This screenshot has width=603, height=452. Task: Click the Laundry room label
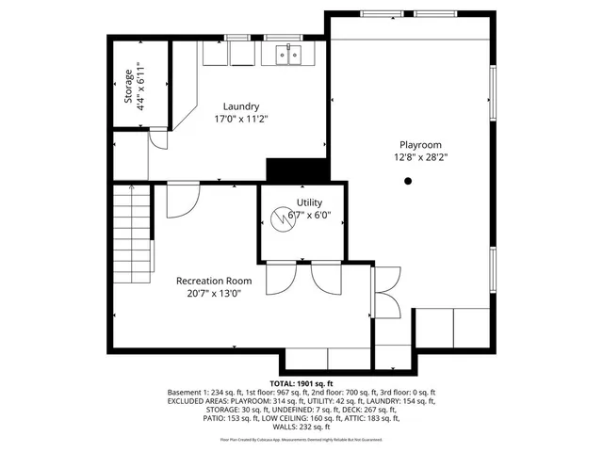point(241,106)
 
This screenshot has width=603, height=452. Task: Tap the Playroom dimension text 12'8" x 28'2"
point(420,157)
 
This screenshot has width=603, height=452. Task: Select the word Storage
point(129,86)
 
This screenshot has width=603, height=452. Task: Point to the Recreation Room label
point(214,281)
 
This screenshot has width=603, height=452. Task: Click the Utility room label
point(309,202)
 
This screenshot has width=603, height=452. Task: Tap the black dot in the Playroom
point(408,181)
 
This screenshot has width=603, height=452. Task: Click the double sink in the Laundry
point(289,56)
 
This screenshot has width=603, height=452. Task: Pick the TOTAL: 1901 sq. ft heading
point(301,384)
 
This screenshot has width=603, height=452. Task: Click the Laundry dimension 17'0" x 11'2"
point(241,120)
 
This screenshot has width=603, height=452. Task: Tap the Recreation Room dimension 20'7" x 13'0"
point(214,293)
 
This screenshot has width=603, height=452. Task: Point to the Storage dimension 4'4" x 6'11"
point(141,86)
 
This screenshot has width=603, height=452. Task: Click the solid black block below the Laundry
point(297,170)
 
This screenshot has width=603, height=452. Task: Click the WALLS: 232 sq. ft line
point(301,427)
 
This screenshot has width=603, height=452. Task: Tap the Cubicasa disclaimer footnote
point(301,439)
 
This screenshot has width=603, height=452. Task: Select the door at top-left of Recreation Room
point(183,201)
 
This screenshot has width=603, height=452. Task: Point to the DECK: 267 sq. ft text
point(414,410)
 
